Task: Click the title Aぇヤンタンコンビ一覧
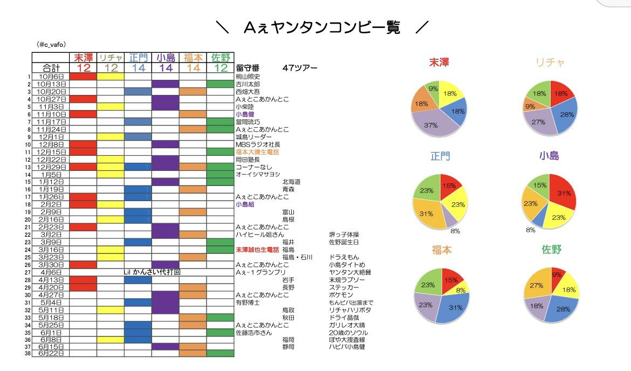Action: (322, 28)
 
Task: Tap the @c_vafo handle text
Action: (52, 45)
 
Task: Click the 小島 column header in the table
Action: (165, 58)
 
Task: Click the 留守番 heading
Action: (248, 68)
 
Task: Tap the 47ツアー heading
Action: (299, 68)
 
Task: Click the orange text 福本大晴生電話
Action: (257, 152)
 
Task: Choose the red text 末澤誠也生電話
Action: (257, 250)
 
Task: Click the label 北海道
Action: (291, 182)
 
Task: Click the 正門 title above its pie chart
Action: (440, 157)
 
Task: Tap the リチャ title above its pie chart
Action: (550, 63)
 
